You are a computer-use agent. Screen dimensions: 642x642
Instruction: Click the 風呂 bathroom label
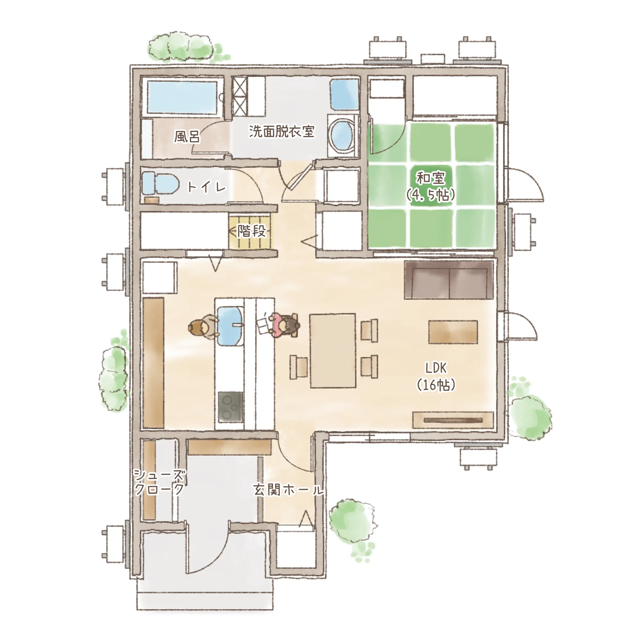[187, 136]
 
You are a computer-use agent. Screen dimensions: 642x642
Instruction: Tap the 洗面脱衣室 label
[282, 131]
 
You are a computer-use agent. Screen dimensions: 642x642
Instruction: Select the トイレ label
[206, 187]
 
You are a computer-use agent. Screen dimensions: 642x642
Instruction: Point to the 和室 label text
[431, 178]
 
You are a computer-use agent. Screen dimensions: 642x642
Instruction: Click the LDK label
[436, 368]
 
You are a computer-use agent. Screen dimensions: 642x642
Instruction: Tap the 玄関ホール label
[289, 490]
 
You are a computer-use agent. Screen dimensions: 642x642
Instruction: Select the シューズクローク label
[159, 482]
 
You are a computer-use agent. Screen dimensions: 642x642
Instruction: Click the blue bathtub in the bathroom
[182, 97]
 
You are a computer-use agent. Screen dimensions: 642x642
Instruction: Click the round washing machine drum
[342, 136]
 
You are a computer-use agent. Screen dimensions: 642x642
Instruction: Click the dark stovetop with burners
[230, 407]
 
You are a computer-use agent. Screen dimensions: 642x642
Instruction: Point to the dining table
[333, 351]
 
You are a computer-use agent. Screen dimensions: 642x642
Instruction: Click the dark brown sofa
[449, 280]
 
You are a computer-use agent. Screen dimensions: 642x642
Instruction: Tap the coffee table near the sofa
[453, 332]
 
